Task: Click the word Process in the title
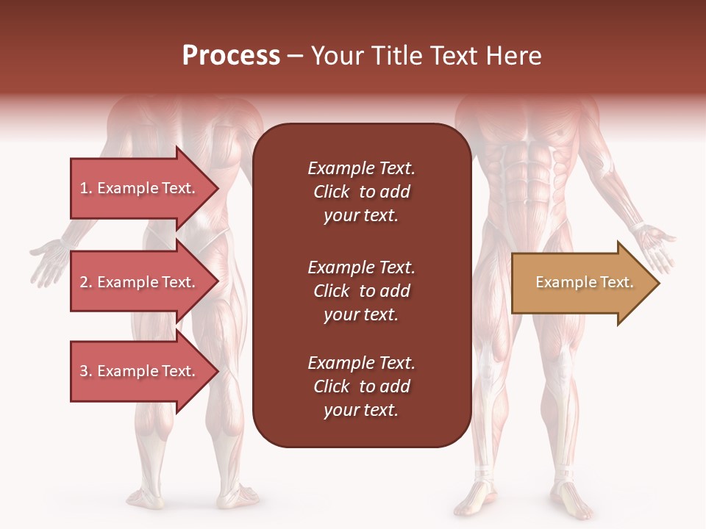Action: [231, 56]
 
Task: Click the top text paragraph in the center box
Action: [361, 192]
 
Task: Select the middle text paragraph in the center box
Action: [361, 291]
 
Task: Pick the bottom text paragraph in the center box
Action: [361, 386]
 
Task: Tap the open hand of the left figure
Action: [49, 260]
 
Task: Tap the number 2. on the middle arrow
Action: [86, 282]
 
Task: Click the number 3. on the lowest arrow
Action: [86, 371]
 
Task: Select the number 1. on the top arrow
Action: [86, 188]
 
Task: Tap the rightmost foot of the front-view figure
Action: [570, 500]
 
